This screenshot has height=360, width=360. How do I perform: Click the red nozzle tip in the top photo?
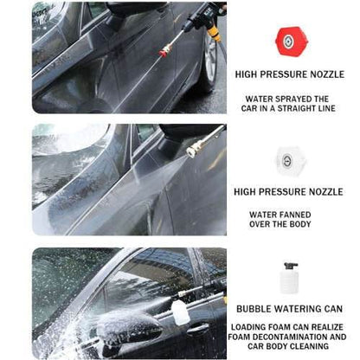163,54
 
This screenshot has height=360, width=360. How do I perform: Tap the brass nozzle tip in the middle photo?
192,149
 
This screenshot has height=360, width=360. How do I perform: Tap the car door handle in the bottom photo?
196,328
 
